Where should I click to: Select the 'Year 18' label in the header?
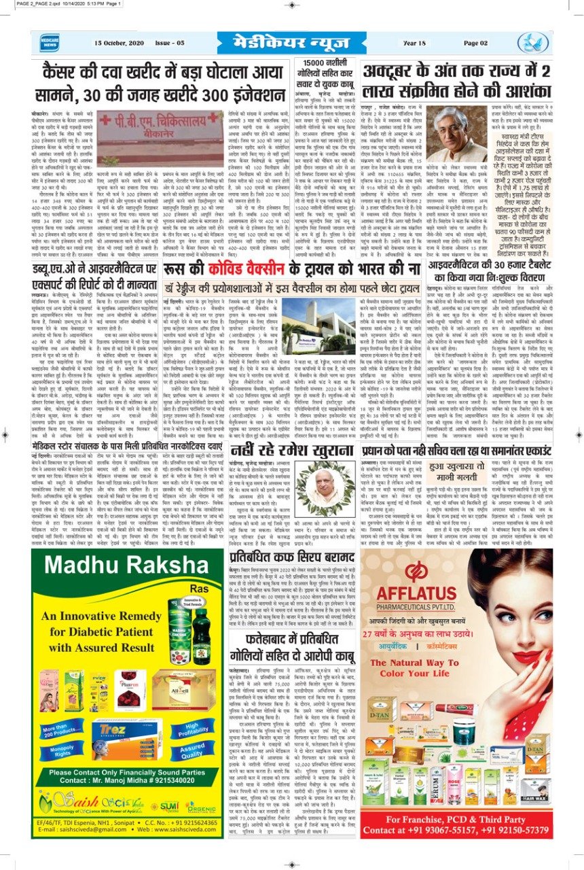pyautogui.click(x=414, y=43)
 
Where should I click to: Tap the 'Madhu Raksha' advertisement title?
pyautogui.click(x=118, y=568)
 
